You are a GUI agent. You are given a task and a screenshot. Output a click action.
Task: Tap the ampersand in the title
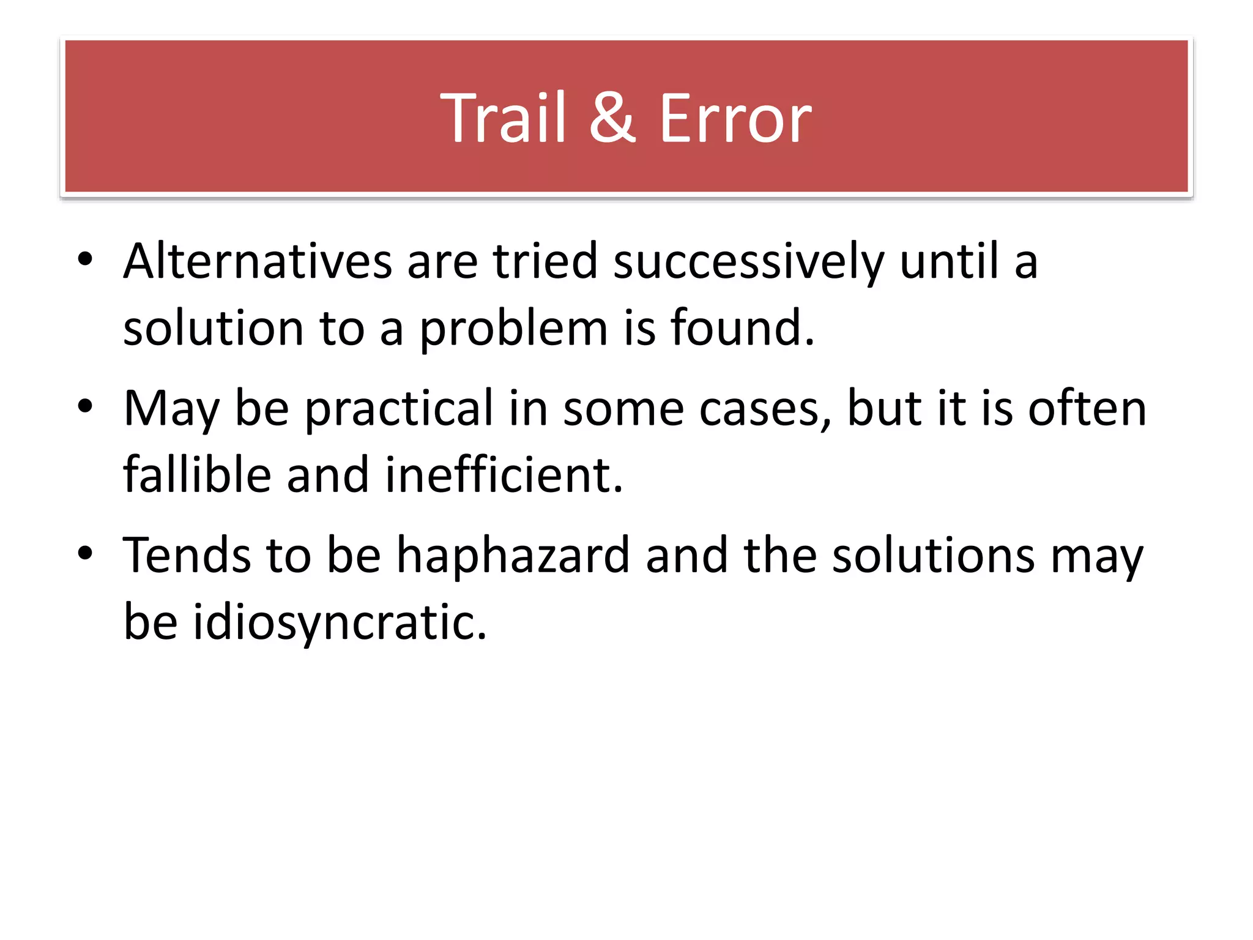click(612, 118)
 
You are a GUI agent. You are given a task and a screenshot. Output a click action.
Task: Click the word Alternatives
click(257, 261)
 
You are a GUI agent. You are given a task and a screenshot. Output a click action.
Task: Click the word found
click(742, 327)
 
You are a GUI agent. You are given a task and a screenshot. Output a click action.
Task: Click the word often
click(1087, 408)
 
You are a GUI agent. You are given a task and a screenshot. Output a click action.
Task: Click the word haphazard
click(513, 556)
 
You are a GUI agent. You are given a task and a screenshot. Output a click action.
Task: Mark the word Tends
click(187, 555)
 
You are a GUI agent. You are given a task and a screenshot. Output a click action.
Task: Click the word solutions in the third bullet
click(933, 556)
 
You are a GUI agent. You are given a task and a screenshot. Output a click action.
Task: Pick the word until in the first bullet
click(949, 261)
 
